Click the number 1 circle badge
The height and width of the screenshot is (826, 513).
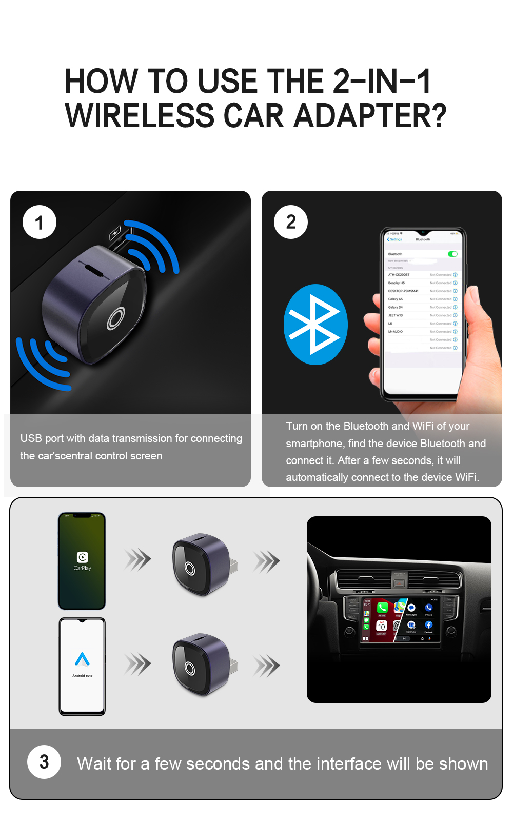point(40,223)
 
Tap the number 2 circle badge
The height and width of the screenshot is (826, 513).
point(291,222)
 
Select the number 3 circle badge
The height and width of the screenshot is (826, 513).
point(44,762)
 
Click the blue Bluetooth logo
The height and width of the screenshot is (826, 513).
point(315,325)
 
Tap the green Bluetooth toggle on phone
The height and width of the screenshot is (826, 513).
point(452,254)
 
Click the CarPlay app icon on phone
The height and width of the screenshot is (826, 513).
point(82,557)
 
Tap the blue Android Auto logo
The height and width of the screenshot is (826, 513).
point(82,659)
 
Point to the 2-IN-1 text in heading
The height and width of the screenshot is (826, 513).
point(382,82)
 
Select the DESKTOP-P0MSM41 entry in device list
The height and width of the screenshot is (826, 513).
point(403,291)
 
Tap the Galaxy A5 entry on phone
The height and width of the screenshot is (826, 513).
point(396,299)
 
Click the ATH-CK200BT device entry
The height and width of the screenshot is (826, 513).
point(399,275)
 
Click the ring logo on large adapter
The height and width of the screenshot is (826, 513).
point(116,318)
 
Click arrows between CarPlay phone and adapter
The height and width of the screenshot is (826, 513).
point(138,559)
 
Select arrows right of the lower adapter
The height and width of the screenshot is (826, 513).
point(266,666)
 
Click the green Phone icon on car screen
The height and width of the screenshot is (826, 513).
point(382,608)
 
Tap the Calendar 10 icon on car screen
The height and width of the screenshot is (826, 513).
point(381,627)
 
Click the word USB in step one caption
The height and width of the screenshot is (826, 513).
point(31,438)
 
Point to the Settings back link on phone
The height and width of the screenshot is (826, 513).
point(394,239)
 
